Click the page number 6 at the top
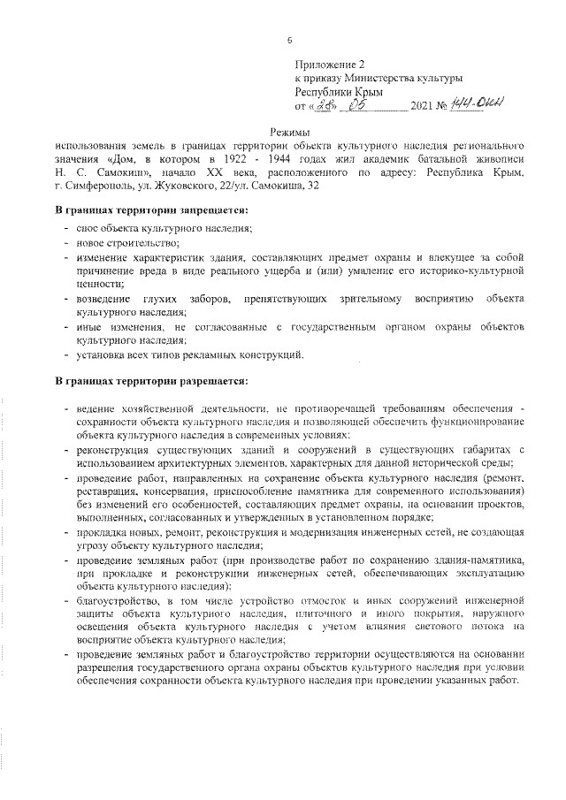(x=288, y=39)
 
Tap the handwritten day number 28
(x=328, y=106)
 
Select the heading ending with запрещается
(x=151, y=210)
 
